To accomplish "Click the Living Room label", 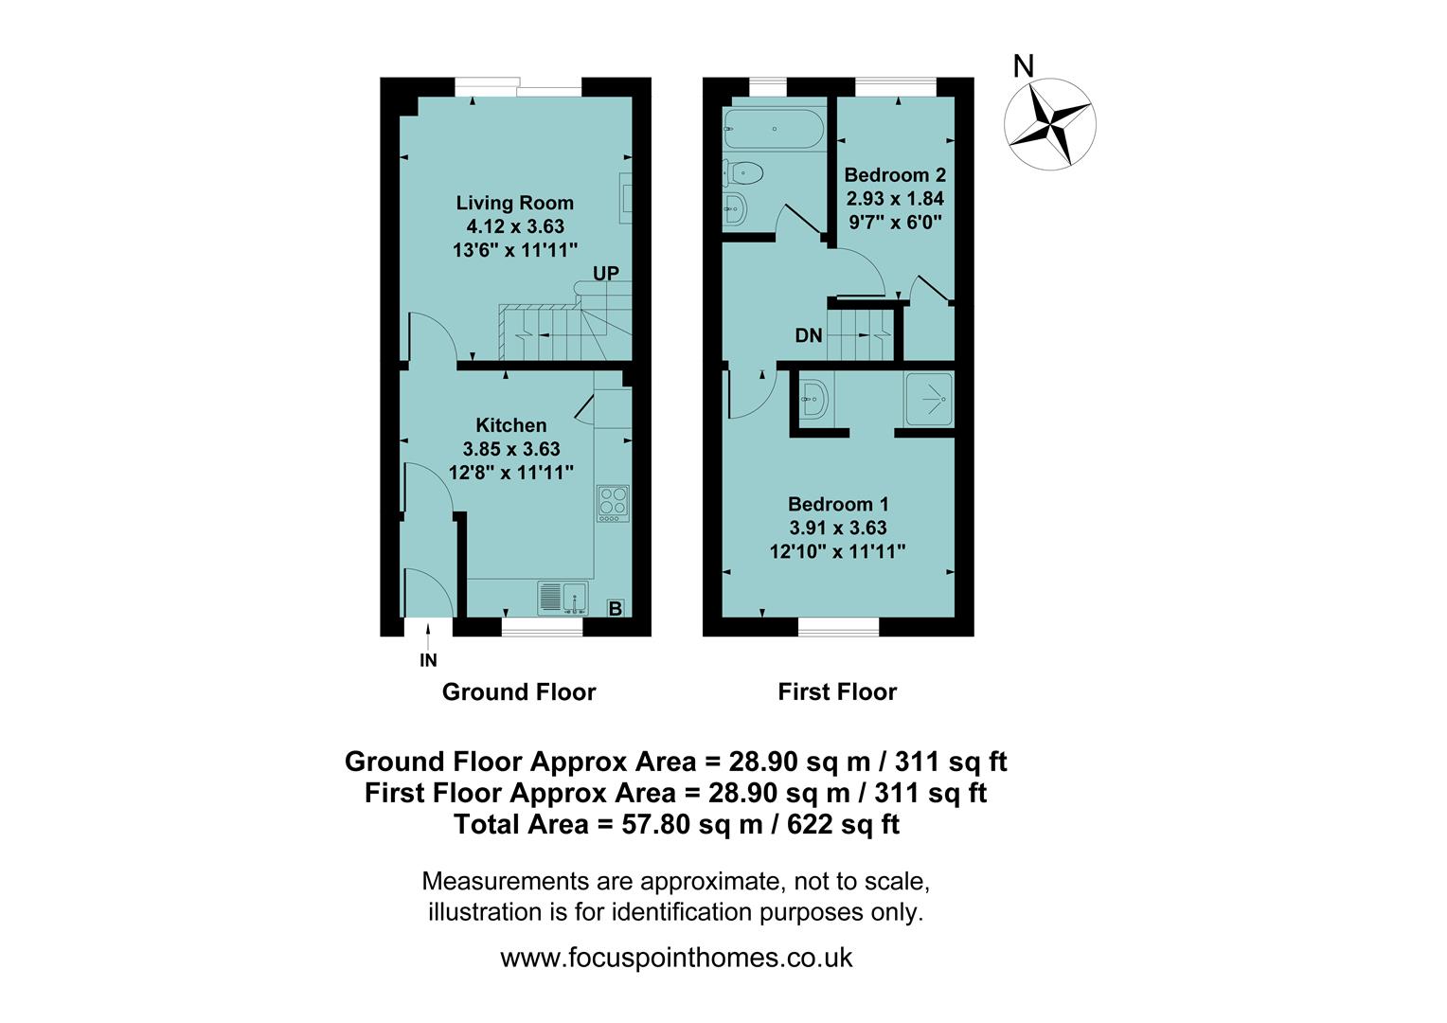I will [x=514, y=203].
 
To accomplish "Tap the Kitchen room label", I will [x=510, y=425].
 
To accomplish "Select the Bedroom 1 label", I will [x=837, y=504].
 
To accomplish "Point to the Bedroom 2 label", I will [x=894, y=175].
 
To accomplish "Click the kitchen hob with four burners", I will [x=612, y=503].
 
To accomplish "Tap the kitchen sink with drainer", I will [x=563, y=599].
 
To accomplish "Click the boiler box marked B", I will [x=615, y=608].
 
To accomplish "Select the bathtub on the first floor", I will [x=773, y=129].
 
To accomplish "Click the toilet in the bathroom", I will [x=743, y=172].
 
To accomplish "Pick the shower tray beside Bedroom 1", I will [x=928, y=399].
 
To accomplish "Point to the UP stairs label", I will [x=606, y=274].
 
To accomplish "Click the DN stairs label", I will [x=808, y=335].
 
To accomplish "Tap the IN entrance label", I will [x=428, y=661].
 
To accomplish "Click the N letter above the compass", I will [x=1023, y=66].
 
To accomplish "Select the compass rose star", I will [x=1049, y=123].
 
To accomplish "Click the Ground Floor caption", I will [x=518, y=691].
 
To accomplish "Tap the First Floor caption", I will [x=836, y=691].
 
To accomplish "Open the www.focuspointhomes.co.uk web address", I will [x=676, y=958].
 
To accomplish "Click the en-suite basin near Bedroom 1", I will [x=813, y=399].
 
